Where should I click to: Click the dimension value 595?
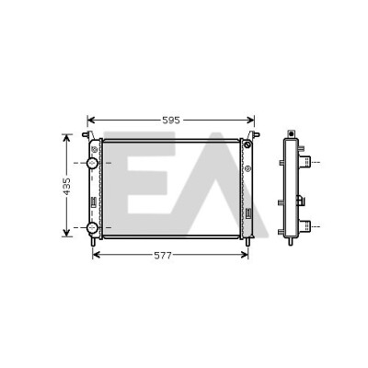tap(171, 121)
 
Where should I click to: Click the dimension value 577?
tap(163, 256)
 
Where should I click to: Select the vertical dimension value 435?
tap(66, 186)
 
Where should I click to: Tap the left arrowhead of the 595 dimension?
tap(91, 121)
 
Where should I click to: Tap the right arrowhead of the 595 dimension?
tap(251, 121)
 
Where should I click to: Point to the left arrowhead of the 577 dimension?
tap(97, 255)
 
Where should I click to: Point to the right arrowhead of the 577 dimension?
tap(244, 255)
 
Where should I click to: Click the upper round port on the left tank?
tap(92, 163)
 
